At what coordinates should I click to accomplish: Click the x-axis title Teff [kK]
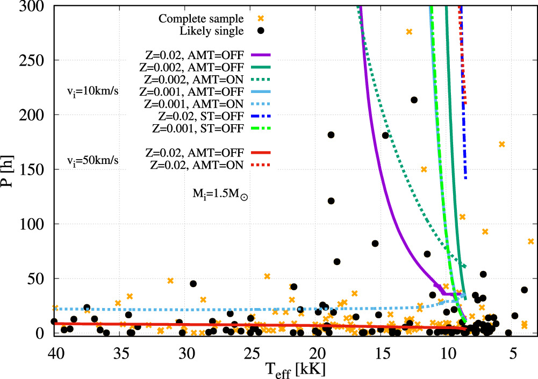(295, 370)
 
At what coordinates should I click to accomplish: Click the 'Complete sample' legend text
(200, 18)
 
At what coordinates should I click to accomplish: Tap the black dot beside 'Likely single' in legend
(261, 31)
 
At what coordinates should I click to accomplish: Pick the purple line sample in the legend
(261, 55)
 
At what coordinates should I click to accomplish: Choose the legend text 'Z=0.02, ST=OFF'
(200, 116)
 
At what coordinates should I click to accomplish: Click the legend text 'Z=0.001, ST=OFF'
(198, 128)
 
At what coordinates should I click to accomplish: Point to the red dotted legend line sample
(261, 165)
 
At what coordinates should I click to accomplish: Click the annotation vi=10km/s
(92, 92)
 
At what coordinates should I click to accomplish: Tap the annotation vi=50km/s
(92, 160)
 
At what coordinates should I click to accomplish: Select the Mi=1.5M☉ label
(220, 194)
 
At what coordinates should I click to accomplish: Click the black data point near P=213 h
(414, 100)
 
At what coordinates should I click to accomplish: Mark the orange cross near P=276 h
(408, 32)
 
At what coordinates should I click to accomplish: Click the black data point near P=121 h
(331, 201)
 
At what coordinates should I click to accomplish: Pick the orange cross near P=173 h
(501, 144)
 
